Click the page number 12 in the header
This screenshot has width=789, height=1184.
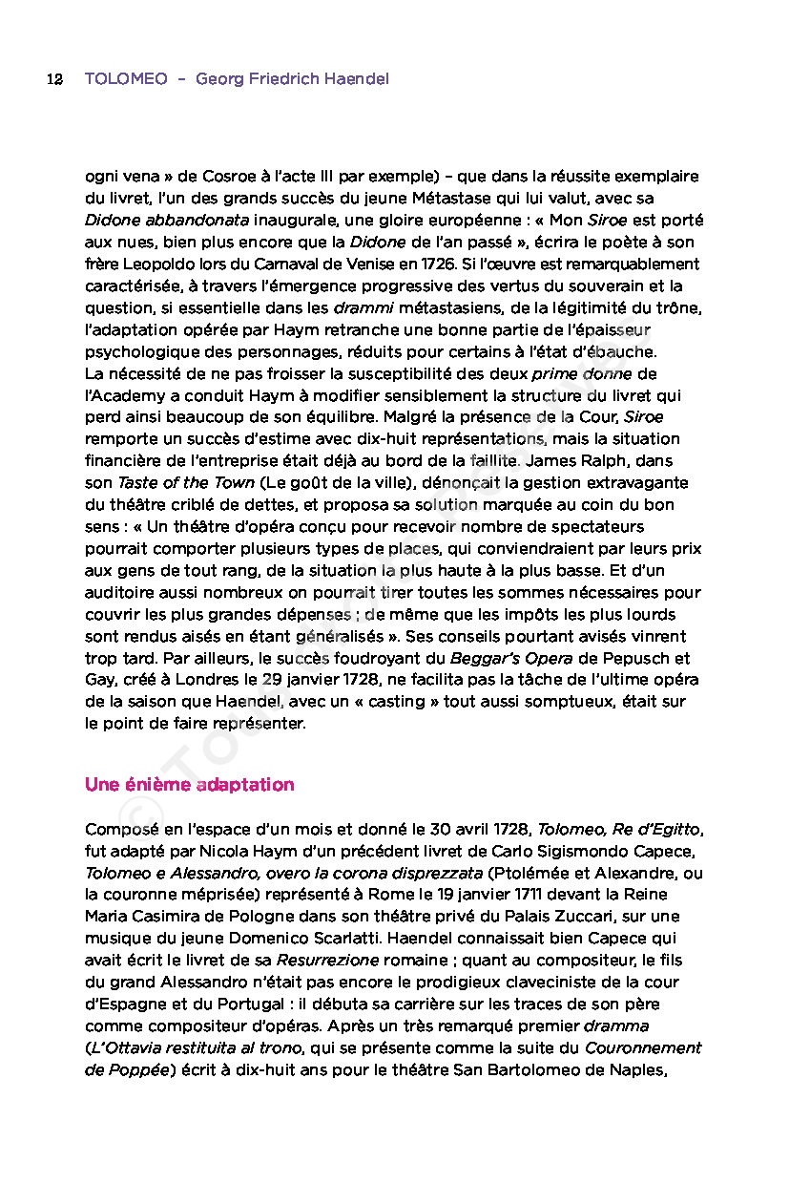pos(54,78)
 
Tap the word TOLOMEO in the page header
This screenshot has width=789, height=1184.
pos(126,78)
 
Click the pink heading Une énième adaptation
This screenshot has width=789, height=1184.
pos(189,784)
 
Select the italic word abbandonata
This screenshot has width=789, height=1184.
pos(186,220)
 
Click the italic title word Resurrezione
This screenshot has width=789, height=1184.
pos(327,960)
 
